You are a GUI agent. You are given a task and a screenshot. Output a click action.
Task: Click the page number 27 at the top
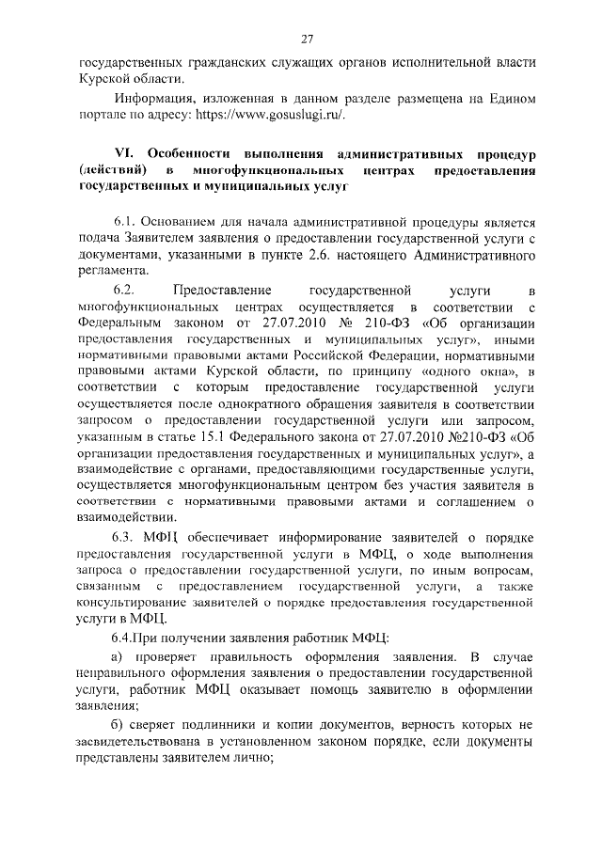(x=307, y=39)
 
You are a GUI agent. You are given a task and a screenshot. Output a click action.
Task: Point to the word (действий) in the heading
(x=112, y=170)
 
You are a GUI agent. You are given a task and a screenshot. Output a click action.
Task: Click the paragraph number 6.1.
(x=124, y=223)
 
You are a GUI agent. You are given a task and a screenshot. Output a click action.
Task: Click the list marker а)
(x=118, y=655)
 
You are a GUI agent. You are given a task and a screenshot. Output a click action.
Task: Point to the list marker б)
(x=119, y=725)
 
